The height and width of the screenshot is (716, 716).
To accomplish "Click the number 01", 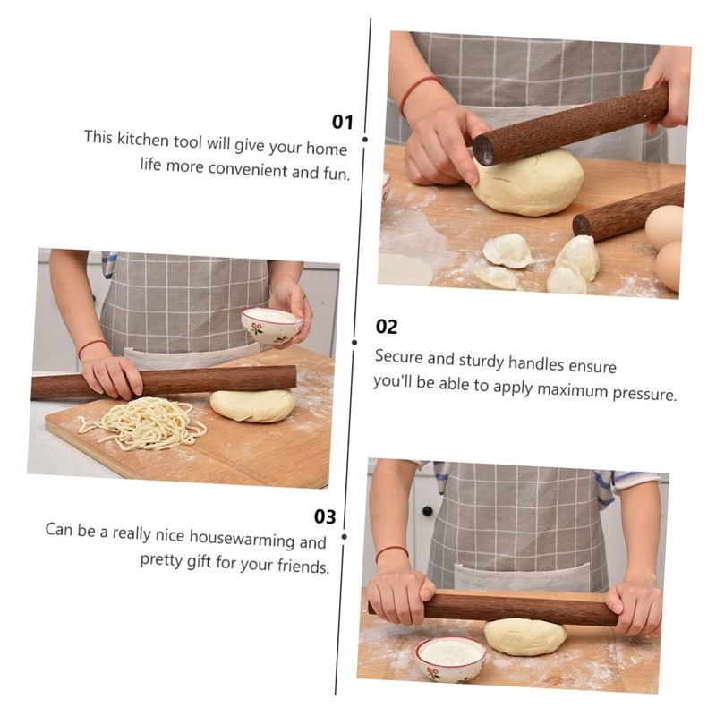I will (343, 122).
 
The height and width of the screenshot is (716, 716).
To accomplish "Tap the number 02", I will (387, 327).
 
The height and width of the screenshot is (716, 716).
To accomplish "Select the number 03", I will (325, 516).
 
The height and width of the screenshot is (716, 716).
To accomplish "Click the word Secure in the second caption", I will (398, 356).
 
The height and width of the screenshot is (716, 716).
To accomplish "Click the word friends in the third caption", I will (299, 567).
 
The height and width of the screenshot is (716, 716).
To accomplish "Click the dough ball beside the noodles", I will (252, 405).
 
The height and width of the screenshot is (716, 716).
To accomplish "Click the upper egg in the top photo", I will (664, 227).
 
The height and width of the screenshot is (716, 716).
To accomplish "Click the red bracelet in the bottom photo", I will (391, 553).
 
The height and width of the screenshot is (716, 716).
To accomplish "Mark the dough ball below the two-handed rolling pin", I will (525, 636).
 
